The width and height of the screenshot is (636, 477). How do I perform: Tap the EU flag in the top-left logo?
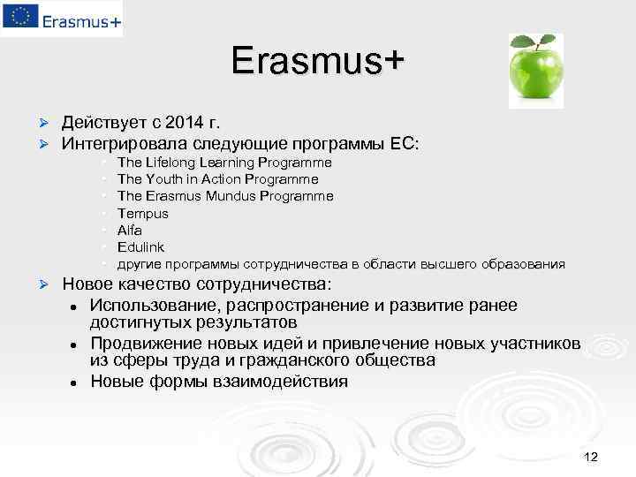point(19,18)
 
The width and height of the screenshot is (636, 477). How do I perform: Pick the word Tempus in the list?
point(142,213)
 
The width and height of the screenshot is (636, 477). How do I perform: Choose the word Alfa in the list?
point(130,230)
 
